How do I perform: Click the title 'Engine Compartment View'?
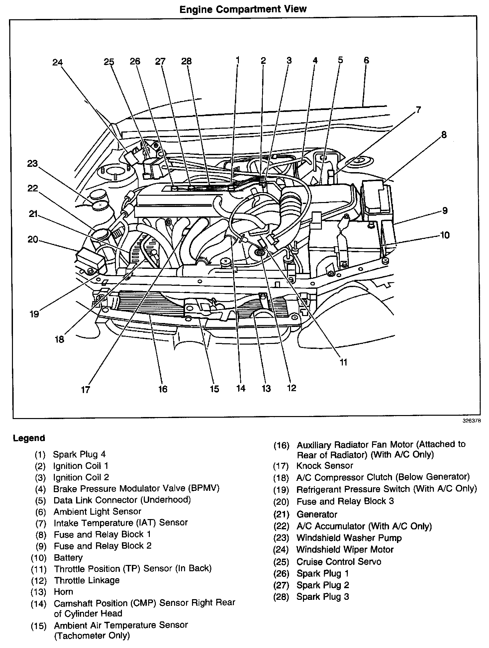click(x=243, y=9)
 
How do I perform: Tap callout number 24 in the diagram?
click(x=57, y=62)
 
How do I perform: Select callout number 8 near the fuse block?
click(x=444, y=135)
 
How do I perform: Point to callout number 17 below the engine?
click(x=85, y=389)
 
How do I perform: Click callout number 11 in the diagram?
click(x=343, y=362)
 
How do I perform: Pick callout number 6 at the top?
click(x=366, y=60)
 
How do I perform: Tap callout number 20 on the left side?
click(x=33, y=239)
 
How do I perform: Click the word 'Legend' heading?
click(x=29, y=438)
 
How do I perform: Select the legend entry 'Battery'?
click(x=68, y=558)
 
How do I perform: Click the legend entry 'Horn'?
click(x=63, y=592)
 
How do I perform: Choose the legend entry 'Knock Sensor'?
click(x=325, y=466)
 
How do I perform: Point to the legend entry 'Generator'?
click(x=317, y=515)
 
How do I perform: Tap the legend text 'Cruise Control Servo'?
click(x=339, y=562)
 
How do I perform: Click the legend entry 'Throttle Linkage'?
click(x=86, y=581)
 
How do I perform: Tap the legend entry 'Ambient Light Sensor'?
click(x=97, y=512)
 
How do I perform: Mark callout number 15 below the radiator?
click(x=214, y=388)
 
